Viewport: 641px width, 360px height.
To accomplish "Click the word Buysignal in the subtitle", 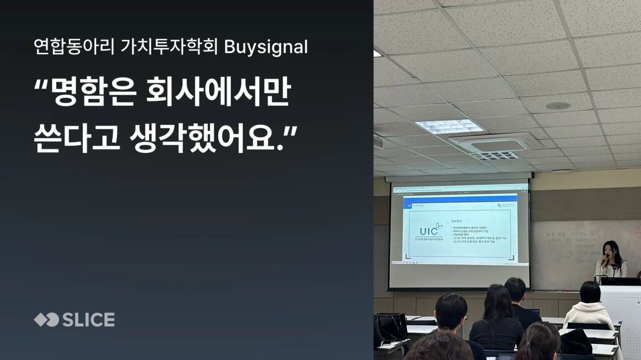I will (266, 48).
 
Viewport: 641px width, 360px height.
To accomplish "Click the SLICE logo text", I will (89, 320).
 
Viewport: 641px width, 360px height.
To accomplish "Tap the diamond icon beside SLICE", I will (46, 320).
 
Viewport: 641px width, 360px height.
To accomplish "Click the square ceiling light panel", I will (449, 126).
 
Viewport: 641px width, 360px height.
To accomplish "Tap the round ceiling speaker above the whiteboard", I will (558, 106).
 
